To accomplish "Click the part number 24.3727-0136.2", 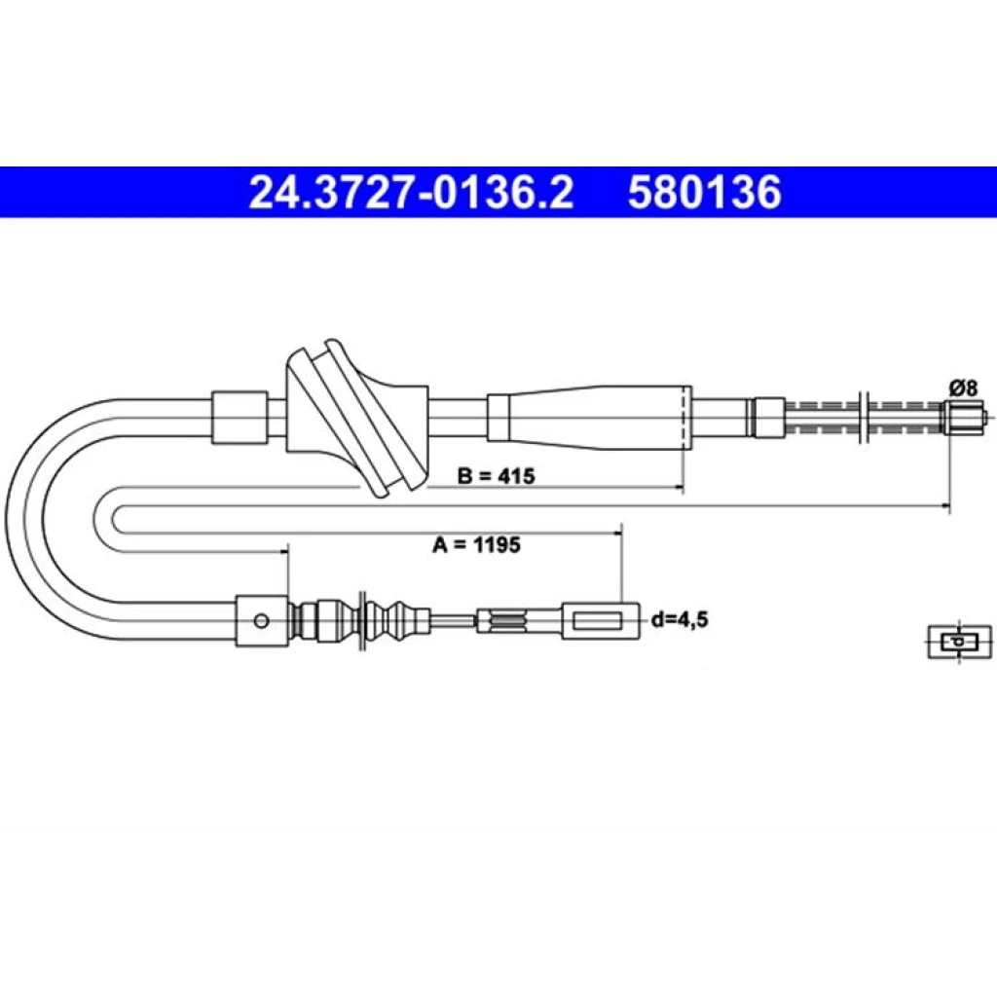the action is click(411, 192).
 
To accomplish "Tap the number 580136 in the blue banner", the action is click(705, 192).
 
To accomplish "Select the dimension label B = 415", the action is click(496, 475).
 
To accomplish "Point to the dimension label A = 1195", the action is click(476, 544).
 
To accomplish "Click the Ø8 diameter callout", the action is click(964, 388).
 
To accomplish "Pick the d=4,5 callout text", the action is click(680, 619).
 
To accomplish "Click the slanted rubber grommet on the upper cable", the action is click(356, 419).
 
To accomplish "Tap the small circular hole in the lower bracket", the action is click(261, 620).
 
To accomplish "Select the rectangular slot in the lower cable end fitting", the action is click(597, 620).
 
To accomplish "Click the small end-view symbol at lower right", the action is click(959, 642).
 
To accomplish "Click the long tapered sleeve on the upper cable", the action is click(589, 418).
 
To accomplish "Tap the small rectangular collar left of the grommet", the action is click(240, 417).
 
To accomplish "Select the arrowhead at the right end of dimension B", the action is click(680, 488).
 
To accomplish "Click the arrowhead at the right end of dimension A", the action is click(946, 506).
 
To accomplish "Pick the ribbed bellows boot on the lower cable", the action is click(360, 620).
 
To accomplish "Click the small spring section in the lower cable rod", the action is click(507, 620).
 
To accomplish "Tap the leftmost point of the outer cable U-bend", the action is click(7, 518).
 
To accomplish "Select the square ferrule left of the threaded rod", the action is click(769, 417).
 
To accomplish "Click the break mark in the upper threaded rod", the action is click(864, 417).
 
